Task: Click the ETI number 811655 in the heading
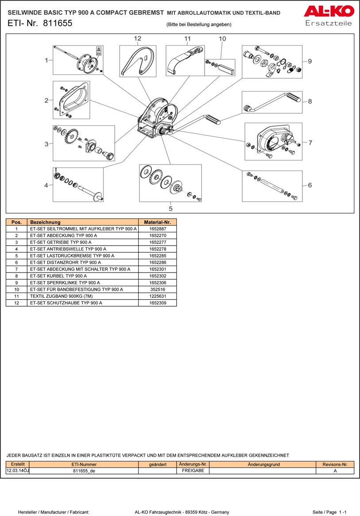(x=58, y=24)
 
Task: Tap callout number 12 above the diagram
(x=137, y=39)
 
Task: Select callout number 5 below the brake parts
(x=170, y=208)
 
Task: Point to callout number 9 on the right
(x=310, y=61)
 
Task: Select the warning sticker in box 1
(x=98, y=50)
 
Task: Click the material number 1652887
(x=157, y=229)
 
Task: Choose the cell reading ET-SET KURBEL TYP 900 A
(x=58, y=276)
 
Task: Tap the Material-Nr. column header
(x=157, y=222)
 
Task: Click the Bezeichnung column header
(x=45, y=222)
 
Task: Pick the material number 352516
(x=157, y=289)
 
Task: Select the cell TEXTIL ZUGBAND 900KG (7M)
(x=61, y=296)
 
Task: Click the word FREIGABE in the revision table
(x=193, y=471)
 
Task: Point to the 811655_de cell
(x=84, y=471)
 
